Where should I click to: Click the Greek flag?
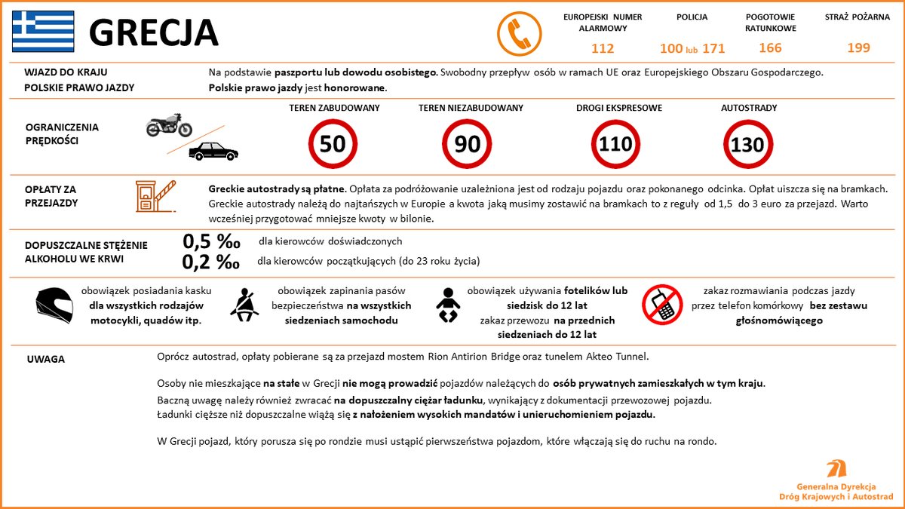tap(43, 31)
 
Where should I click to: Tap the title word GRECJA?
tap(154, 32)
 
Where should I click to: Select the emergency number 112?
tap(603, 48)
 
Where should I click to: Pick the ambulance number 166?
tap(770, 48)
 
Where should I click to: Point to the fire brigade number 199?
tap(858, 48)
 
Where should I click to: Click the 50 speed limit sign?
tap(333, 143)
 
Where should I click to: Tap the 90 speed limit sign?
tap(468, 143)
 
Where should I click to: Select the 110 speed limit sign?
tap(615, 143)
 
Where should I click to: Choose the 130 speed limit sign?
tap(748, 143)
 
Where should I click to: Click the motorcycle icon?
tap(169, 125)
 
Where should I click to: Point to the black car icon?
tap(213, 151)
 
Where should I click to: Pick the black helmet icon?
tap(54, 305)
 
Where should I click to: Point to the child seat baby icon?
tap(447, 305)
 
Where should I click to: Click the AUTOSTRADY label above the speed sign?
tap(748, 108)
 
